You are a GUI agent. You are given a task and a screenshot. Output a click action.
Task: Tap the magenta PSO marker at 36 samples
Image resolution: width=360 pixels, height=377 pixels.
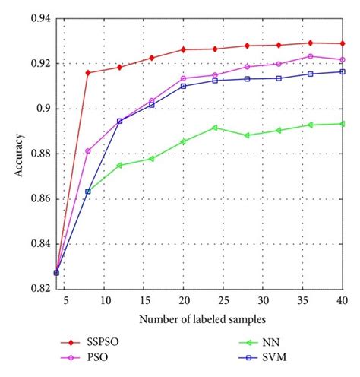point(311,56)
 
